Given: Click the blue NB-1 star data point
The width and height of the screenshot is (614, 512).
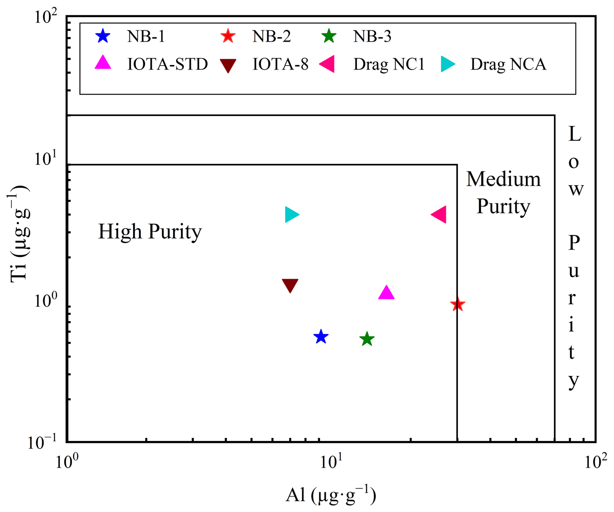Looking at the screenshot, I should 321,337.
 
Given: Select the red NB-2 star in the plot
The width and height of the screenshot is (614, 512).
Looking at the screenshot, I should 458,305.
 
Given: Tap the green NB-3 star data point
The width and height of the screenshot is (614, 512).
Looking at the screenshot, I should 367,339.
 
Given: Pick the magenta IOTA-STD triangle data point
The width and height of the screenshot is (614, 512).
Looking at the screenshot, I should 386,293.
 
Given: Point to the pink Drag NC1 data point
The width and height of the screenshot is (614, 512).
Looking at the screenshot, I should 439,214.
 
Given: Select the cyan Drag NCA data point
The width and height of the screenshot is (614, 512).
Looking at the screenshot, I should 291,214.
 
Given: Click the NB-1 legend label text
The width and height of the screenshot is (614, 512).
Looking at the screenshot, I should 146,36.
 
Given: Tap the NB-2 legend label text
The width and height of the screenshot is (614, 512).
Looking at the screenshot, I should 272,36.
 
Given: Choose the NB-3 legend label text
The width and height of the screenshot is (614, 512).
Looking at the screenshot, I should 372,36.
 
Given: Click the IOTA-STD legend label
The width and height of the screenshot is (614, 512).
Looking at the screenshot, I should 167,64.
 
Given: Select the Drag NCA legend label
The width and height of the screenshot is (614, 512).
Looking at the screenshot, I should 508,64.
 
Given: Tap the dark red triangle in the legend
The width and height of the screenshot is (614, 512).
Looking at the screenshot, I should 228,65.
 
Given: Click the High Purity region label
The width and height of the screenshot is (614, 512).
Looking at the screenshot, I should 150,232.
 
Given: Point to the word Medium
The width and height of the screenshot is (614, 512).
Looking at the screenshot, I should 503,179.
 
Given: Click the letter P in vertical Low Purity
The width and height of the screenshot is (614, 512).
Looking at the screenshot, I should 574,243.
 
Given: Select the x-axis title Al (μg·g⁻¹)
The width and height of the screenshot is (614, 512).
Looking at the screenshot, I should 331,495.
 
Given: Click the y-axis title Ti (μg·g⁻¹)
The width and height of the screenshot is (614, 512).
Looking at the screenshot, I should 19,234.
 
